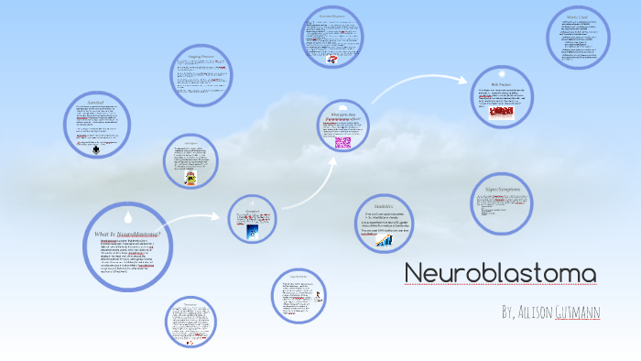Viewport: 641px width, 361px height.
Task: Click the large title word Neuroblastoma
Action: [500, 274]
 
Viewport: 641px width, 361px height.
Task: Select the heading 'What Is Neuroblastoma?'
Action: [128, 234]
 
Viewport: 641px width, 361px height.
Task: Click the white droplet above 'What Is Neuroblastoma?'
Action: [128, 217]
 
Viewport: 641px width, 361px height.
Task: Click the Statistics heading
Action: [384, 206]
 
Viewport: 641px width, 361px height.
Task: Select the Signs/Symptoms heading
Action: [502, 189]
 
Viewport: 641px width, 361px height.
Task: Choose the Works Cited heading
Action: [577, 17]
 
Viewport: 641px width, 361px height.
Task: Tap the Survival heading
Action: [96, 102]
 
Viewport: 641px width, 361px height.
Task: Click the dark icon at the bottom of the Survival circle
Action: [97, 150]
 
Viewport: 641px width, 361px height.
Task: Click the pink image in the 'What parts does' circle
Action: [342, 142]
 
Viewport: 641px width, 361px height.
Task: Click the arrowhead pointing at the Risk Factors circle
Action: [465, 81]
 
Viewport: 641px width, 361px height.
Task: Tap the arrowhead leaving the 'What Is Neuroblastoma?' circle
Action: [219, 217]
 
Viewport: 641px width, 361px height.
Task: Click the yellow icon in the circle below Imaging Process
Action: [190, 179]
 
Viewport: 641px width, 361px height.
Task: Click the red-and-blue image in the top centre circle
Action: [331, 59]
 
